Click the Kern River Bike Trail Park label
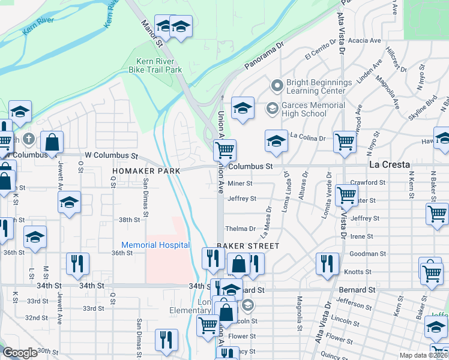tap(155, 66)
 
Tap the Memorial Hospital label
tap(155, 245)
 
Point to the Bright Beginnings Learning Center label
tap(319, 86)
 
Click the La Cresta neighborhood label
tap(389, 164)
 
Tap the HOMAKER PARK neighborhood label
tap(138, 171)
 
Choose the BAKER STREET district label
tap(248, 246)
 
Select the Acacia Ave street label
tap(368, 41)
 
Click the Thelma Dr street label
tap(240, 229)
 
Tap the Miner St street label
tap(240, 184)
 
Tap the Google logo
tap(20, 352)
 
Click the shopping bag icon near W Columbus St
tap(52, 143)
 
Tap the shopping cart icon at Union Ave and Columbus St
tap(225, 149)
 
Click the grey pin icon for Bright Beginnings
tap(277, 86)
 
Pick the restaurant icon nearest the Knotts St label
tap(327, 263)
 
